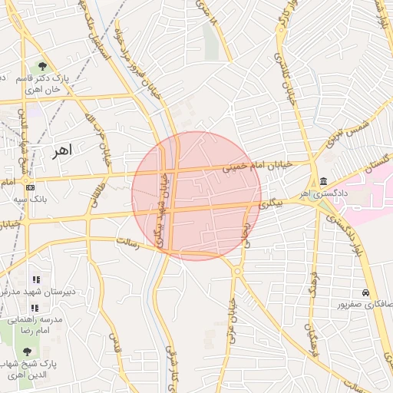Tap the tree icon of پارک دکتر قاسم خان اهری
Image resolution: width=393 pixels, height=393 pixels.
[42, 66]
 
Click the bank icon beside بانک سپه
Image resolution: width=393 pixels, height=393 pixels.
[30, 187]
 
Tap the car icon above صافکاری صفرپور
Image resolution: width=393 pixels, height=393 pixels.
[367, 293]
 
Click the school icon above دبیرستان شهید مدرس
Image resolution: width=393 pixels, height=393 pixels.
[35, 279]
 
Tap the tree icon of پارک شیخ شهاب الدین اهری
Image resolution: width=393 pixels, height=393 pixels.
[28, 351]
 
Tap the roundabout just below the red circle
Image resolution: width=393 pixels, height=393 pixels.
[237, 271]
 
